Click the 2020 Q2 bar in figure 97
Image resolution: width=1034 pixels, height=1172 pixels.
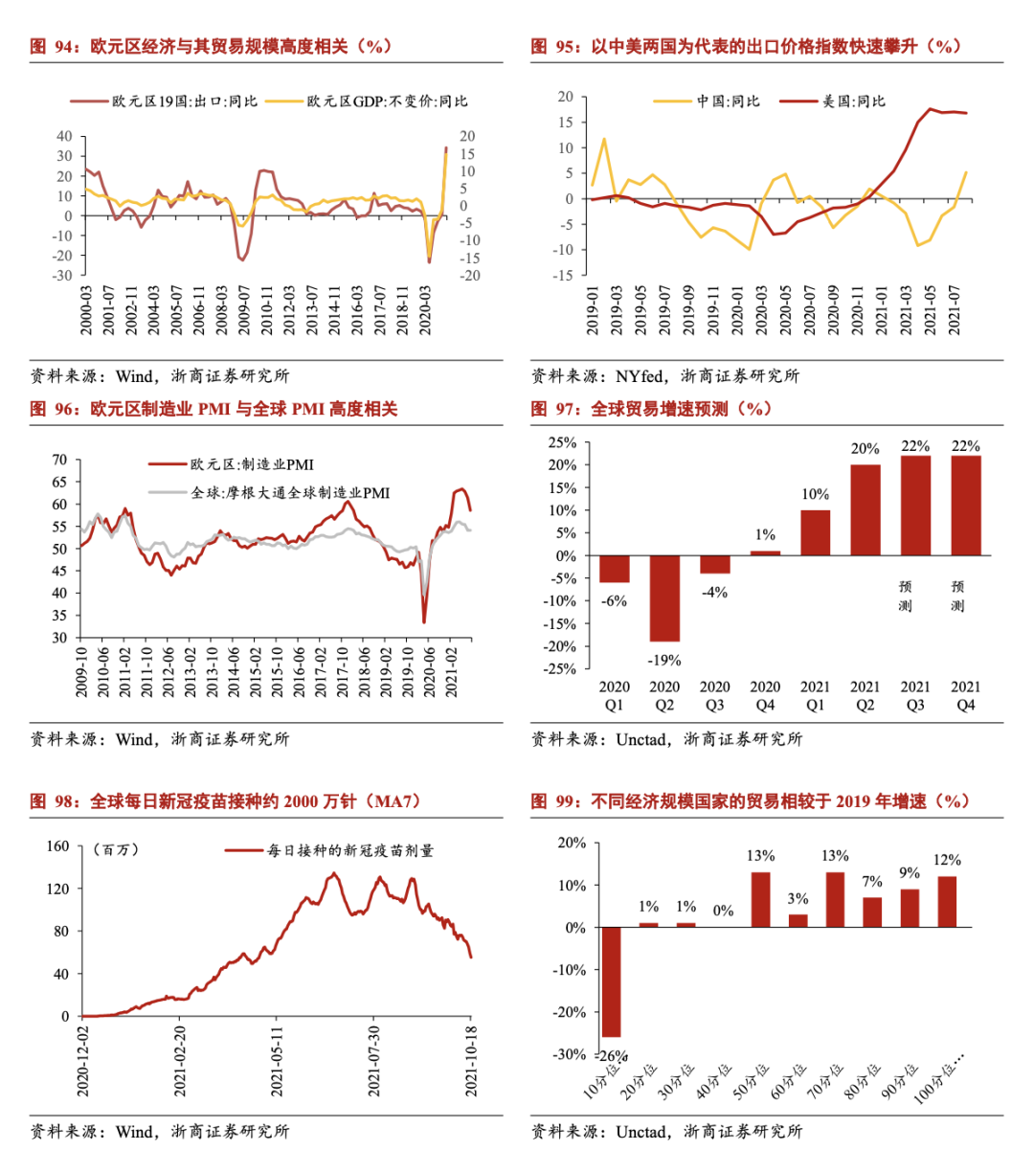click(x=664, y=597)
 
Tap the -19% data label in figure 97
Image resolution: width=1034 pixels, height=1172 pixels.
click(x=664, y=660)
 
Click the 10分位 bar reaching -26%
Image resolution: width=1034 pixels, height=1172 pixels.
click(x=611, y=981)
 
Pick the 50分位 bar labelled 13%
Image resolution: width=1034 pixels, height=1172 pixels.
click(x=761, y=899)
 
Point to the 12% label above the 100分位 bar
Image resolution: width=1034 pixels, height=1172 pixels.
click(x=947, y=860)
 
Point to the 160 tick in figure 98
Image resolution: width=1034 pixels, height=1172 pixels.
click(x=58, y=846)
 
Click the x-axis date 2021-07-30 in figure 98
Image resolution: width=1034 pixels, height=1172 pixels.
click(x=374, y=1061)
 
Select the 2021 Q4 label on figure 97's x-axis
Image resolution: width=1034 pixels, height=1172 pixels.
click(x=965, y=695)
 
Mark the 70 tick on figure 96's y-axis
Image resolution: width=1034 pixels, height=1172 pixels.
click(x=59, y=461)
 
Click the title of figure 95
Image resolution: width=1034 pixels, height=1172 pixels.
click(x=746, y=46)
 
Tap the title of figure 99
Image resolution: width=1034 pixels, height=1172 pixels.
click(x=751, y=801)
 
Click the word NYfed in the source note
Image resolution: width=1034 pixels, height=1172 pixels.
click(x=640, y=376)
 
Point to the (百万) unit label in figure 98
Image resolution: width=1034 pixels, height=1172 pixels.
click(x=116, y=849)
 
